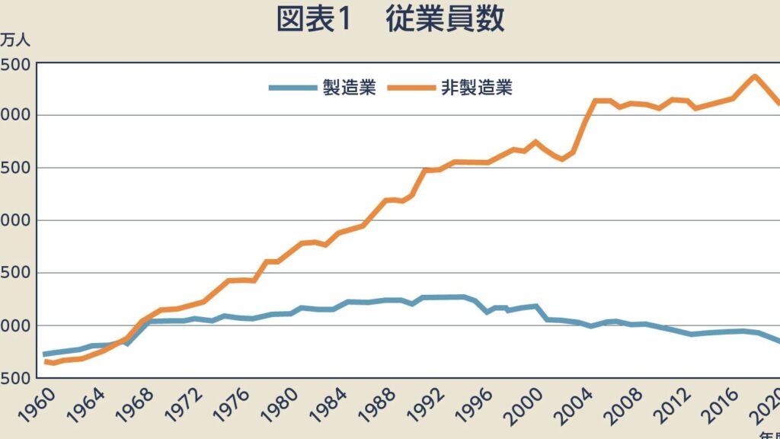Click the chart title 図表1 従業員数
[390, 20]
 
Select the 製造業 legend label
[349, 88]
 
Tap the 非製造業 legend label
[477, 88]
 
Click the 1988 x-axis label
[387, 405]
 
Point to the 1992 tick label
[436, 405]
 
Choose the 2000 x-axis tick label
[536, 405]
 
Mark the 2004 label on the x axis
[586, 405]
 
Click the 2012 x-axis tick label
[686, 405]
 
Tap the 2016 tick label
[735, 405]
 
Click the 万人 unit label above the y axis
[13, 40]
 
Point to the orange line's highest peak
[754, 76]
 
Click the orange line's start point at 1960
[46, 361]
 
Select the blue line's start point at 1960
[46, 354]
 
